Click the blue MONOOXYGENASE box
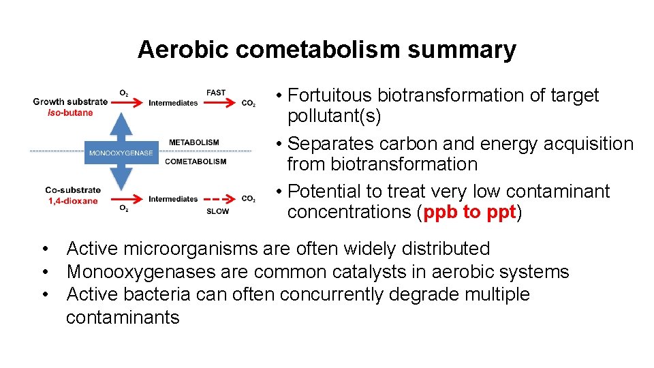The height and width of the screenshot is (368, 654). click(121, 152)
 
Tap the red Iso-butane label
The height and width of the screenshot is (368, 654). click(70, 112)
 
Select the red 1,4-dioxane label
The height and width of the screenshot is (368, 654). click(73, 201)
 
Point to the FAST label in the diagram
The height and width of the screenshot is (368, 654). click(216, 93)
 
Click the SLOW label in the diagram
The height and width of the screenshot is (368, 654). click(217, 211)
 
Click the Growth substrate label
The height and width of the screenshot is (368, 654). click(70, 102)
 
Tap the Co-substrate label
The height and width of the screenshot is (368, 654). click(73, 190)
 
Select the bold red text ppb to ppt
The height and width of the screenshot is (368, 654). click(470, 212)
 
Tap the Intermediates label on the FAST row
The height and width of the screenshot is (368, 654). click(173, 103)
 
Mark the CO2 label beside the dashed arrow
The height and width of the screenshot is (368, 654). click(249, 199)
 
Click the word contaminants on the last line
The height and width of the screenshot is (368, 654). click(123, 317)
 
